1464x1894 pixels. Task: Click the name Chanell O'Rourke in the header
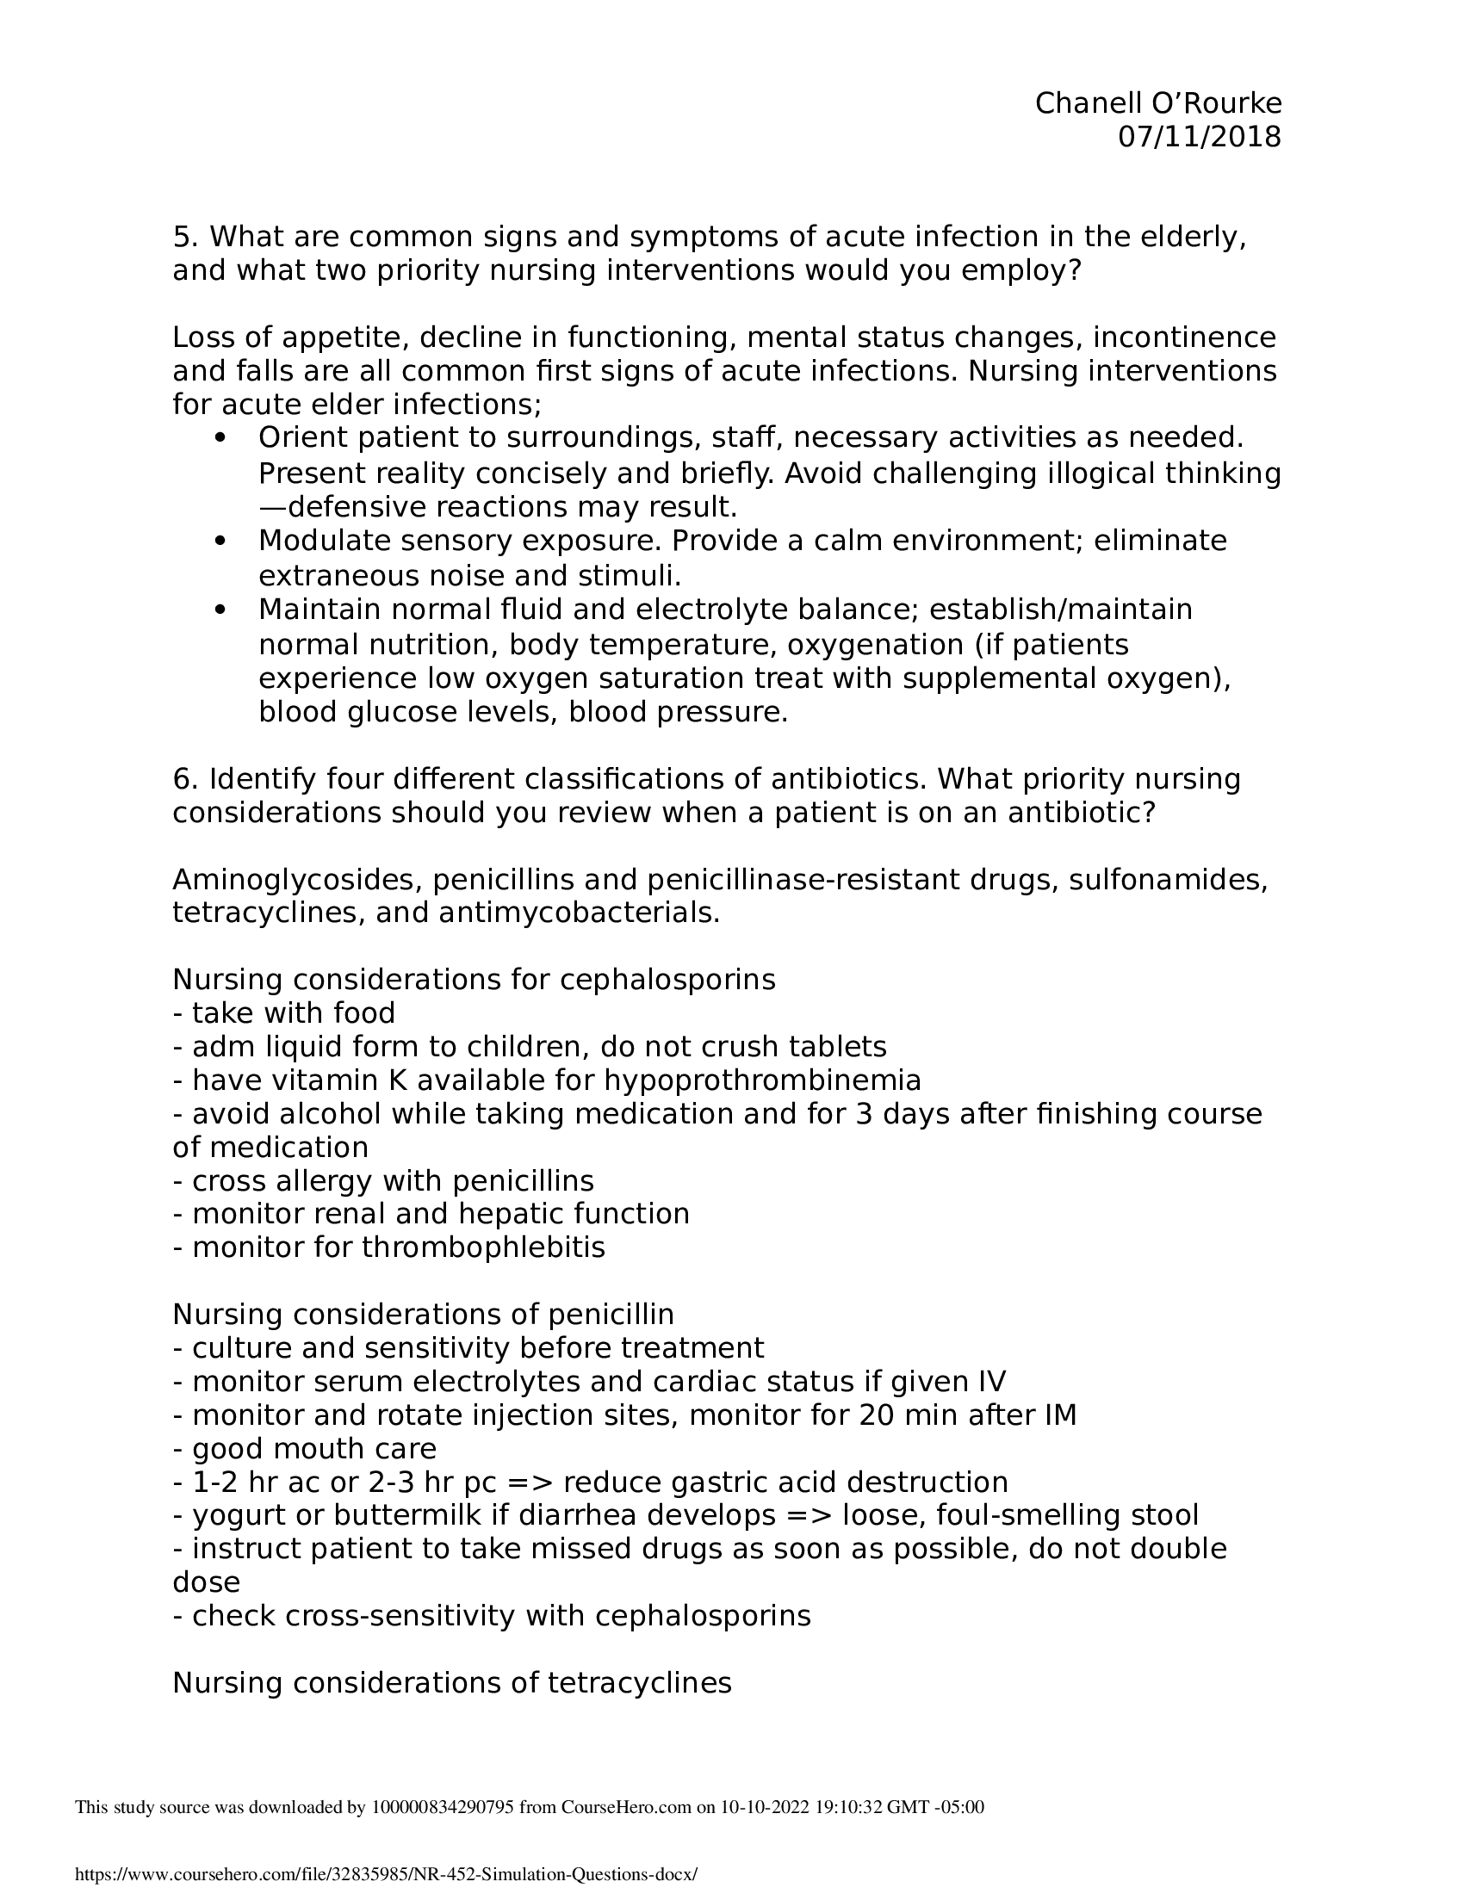tap(1157, 103)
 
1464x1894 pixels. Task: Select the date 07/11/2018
tap(1199, 137)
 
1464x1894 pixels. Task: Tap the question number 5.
tap(180, 237)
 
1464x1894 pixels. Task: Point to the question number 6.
tap(180, 779)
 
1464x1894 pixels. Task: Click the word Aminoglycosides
tap(296, 879)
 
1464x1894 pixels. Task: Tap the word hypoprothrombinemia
tap(762, 1080)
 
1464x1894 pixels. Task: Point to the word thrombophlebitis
tap(483, 1247)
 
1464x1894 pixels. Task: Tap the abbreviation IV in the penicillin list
tap(992, 1382)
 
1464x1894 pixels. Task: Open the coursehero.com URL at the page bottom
tap(386, 1874)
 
